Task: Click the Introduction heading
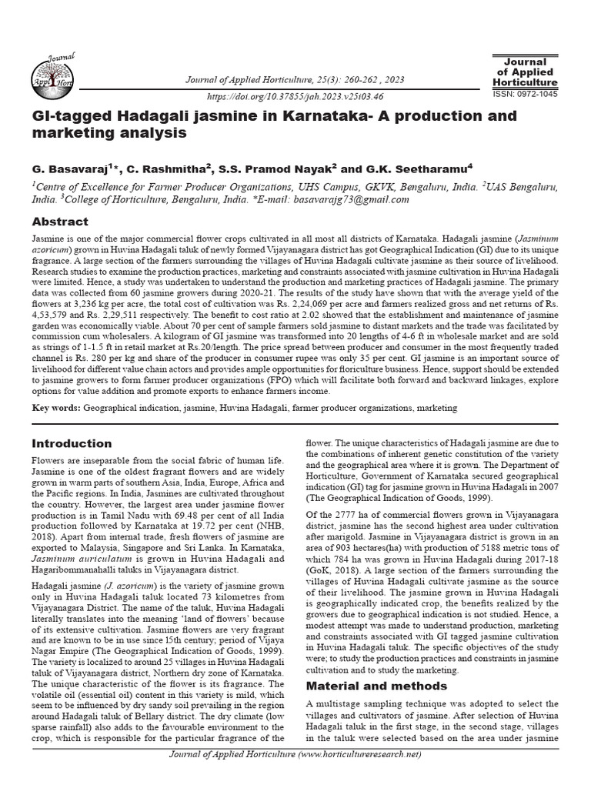click(72, 443)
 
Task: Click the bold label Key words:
click(55, 406)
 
